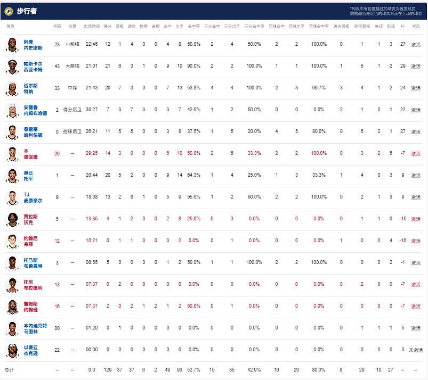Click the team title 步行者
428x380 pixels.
click(27, 11)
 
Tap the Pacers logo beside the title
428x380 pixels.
click(9, 11)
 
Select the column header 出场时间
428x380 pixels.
click(92, 26)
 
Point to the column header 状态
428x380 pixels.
click(416, 26)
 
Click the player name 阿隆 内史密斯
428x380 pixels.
click(33, 44)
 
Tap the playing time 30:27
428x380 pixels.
click(92, 110)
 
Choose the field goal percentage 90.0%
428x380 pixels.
click(193, 66)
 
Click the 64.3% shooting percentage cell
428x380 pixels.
click(193, 175)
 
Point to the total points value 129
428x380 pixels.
click(108, 369)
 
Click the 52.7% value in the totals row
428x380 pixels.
click(193, 369)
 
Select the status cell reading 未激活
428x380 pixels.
click(416, 350)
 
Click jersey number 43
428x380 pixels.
click(57, 66)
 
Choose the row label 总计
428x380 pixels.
click(9, 369)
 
